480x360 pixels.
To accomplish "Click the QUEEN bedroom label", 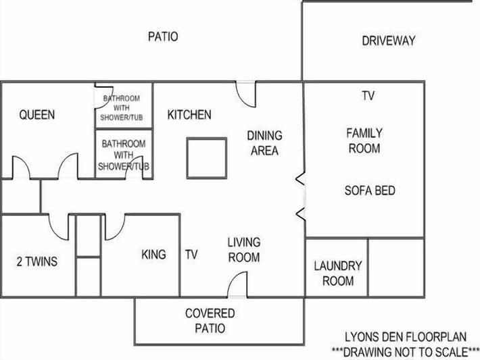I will (x=37, y=115).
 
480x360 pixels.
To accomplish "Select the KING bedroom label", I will (x=154, y=255).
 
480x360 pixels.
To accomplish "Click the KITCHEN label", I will (x=189, y=115).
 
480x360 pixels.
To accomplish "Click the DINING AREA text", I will (x=264, y=143).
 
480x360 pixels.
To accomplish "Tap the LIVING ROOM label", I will (x=243, y=249).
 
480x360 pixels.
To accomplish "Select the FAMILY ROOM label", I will (x=364, y=140).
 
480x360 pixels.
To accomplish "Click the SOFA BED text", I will (x=370, y=190).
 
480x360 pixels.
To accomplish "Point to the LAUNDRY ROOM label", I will (x=337, y=274).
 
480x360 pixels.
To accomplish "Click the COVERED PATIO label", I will (x=210, y=321).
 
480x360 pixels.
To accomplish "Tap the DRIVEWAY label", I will (x=388, y=41).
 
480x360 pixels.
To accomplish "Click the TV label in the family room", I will (x=368, y=96).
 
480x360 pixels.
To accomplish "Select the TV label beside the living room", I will (x=191, y=255).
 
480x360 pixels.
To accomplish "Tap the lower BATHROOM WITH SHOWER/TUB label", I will (x=124, y=155).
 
